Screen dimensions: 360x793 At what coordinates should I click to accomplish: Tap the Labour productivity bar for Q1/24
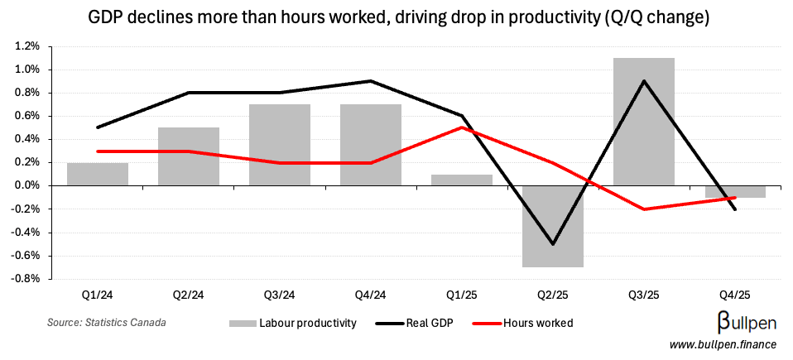point(98,175)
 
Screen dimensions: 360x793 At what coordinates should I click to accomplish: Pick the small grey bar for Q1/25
point(461,180)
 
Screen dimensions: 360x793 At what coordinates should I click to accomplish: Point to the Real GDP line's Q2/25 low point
point(552,244)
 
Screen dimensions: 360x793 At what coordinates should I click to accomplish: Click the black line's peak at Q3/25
point(643,81)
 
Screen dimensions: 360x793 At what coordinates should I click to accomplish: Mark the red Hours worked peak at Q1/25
point(461,127)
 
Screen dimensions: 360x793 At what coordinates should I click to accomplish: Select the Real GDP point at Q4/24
point(370,81)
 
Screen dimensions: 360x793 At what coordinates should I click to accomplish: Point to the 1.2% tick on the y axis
point(26,46)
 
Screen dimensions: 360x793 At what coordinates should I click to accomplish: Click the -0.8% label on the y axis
point(25,279)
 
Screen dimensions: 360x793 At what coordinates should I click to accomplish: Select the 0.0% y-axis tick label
point(26,186)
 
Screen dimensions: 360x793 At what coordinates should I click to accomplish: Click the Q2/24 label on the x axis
point(189,295)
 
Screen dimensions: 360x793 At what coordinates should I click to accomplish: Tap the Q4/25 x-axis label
point(734,295)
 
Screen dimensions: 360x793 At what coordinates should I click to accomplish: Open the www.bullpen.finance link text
point(723,343)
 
